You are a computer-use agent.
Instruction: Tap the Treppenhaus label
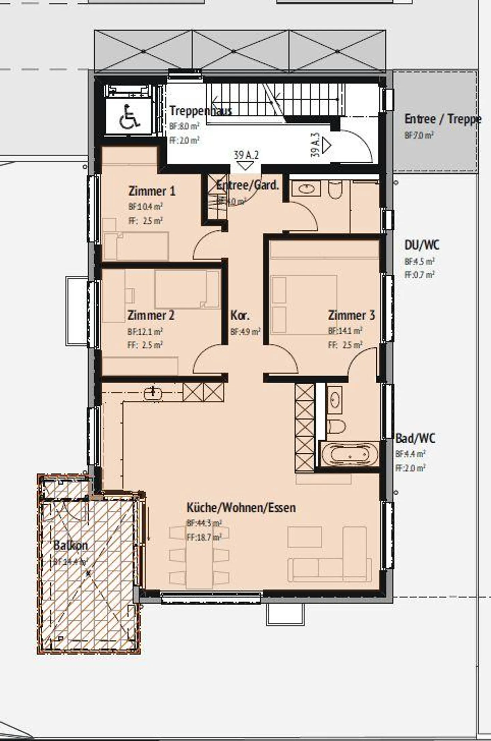200,111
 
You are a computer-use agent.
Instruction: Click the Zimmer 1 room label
152,191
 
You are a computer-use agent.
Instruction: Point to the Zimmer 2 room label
151,315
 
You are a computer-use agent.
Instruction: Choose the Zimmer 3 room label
351,315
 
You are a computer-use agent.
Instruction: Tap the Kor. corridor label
240,315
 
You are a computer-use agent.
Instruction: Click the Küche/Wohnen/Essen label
241,508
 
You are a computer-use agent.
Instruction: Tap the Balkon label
71,545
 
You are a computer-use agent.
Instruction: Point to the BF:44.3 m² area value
204,523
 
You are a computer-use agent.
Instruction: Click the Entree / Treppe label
443,119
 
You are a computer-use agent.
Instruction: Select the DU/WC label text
422,245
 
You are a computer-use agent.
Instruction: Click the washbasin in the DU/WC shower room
307,188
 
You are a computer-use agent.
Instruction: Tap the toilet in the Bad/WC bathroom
336,426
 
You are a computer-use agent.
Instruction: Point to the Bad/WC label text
415,438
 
